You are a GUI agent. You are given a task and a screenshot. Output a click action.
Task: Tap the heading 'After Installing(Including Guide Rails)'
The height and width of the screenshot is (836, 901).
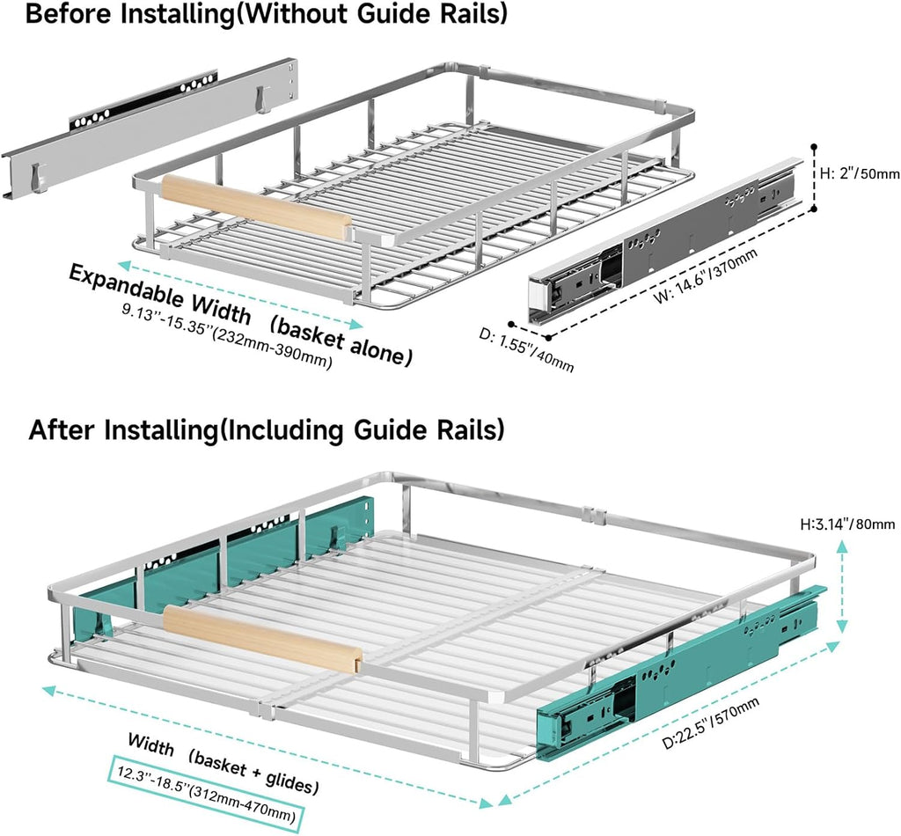tap(266, 430)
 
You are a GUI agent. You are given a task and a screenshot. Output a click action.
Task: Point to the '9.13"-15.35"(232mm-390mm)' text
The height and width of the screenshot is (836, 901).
tap(228, 337)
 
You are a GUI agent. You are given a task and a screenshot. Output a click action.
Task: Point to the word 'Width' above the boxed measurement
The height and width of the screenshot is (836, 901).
tap(150, 744)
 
